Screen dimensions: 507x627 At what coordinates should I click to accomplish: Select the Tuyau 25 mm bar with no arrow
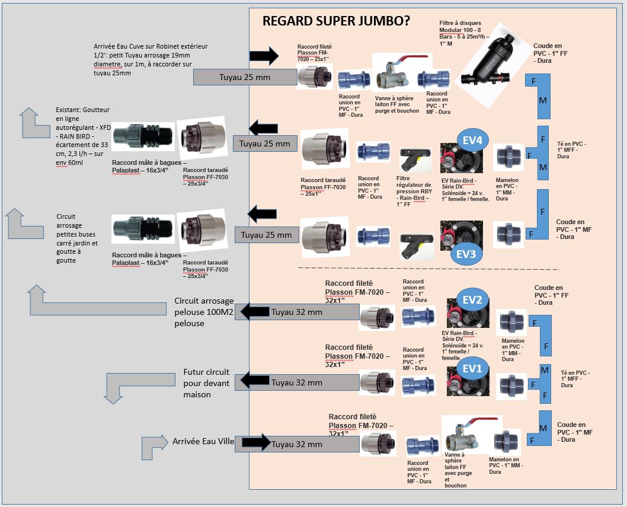[x=245, y=76]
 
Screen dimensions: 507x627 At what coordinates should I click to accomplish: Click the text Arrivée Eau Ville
[x=203, y=441]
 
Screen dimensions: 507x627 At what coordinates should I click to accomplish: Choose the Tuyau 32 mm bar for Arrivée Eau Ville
[x=297, y=444]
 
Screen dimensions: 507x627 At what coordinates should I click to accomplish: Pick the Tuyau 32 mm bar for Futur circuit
[x=297, y=382]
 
